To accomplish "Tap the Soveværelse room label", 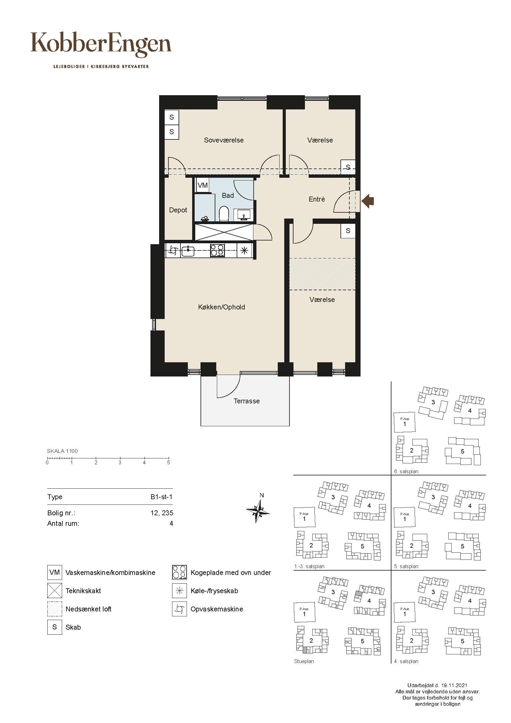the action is (224, 140).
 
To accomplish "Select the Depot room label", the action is (178, 210).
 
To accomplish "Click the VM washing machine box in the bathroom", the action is (203, 185).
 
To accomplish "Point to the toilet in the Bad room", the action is (224, 214).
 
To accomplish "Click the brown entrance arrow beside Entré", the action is (368, 200).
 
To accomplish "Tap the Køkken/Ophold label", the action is (222, 307).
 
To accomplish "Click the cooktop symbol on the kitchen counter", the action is (217, 251).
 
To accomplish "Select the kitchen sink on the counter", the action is (188, 251).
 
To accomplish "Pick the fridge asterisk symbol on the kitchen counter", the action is (244, 251).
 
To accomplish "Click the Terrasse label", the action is (247, 401).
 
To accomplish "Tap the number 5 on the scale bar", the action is (169, 463).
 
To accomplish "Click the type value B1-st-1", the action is (161, 497).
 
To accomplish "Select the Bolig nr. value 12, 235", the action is (162, 513).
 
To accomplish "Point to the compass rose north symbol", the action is (258, 509).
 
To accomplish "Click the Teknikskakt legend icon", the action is (55, 591).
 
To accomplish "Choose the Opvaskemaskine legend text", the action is (217, 609).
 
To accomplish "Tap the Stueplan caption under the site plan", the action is (304, 661).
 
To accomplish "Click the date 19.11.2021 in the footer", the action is (454, 685).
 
